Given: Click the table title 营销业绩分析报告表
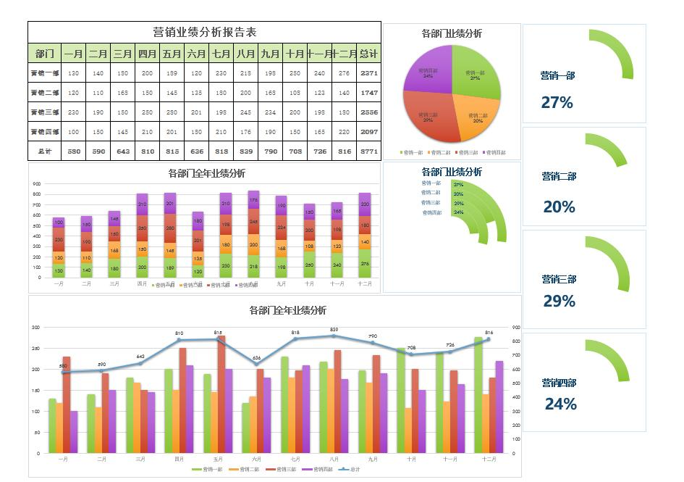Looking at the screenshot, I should click(x=204, y=32).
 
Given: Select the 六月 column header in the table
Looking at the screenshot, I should click(x=195, y=54).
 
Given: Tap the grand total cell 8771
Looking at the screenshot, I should click(x=368, y=151).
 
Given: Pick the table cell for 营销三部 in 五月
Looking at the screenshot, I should click(x=172, y=112).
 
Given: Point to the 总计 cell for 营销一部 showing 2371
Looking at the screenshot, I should click(x=368, y=73).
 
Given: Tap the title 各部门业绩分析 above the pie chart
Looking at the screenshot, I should click(x=452, y=33).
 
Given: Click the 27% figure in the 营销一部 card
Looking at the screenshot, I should click(x=557, y=103).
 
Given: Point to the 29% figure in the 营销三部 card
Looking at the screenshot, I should click(x=559, y=301).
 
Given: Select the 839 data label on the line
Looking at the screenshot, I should click(x=334, y=330).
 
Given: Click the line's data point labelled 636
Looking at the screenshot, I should click(x=256, y=364).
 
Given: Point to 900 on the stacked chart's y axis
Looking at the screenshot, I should click(x=36, y=184).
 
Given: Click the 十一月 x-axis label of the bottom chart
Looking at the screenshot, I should click(x=450, y=460).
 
